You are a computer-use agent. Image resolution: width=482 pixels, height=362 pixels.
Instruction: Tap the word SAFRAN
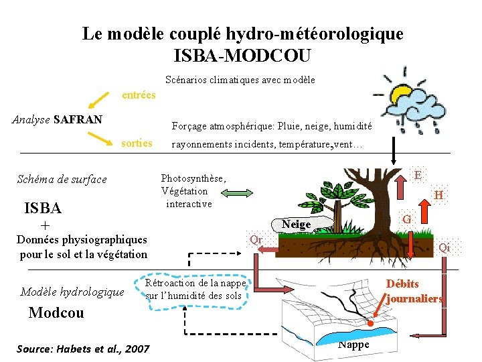pos(78,119)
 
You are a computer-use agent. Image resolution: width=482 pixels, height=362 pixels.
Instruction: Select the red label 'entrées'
pos(139,95)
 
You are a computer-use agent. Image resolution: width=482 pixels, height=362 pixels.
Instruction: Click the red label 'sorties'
pos(137,143)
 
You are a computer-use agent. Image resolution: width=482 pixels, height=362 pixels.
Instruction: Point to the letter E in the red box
pos(418,175)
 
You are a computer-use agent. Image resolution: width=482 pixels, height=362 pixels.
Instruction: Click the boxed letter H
pos(438,195)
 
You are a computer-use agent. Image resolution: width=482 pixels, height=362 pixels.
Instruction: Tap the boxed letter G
pos(406,219)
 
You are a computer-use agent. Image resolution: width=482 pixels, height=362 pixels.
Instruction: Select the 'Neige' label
pos(296,225)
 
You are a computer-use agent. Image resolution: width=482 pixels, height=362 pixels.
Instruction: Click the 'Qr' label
pos(256,239)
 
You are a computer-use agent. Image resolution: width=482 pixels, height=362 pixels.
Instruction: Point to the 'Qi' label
pos(444,247)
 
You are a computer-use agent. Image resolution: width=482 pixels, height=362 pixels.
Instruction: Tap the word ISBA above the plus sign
pos(42,207)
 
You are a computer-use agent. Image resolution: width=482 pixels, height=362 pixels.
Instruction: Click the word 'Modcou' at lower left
pos(56,313)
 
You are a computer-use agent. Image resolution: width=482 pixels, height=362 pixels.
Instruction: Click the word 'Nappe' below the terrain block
pos(353,345)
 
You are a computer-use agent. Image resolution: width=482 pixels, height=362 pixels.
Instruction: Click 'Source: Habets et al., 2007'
pos(82,349)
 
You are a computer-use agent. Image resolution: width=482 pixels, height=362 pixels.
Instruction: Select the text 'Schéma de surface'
pos(62,179)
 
